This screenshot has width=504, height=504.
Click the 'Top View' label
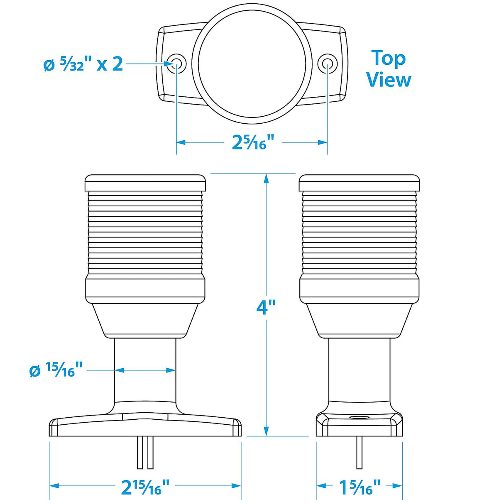tap(389, 69)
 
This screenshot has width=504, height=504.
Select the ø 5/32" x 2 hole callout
tap(83, 64)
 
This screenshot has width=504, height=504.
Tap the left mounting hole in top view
tap(176, 64)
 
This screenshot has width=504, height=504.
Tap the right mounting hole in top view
tap(328, 64)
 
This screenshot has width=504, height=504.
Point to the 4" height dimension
tap(266, 308)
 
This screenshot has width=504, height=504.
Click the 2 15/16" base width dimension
tap(145, 487)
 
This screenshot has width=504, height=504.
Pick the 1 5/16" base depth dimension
tap(360, 487)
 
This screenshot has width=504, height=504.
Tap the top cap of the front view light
tap(145, 183)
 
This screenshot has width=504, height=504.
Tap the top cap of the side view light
tap(360, 183)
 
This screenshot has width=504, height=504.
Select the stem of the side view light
tap(360, 369)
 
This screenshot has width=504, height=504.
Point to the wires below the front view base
tap(144, 453)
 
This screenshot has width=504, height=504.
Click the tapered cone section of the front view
tap(145, 320)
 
